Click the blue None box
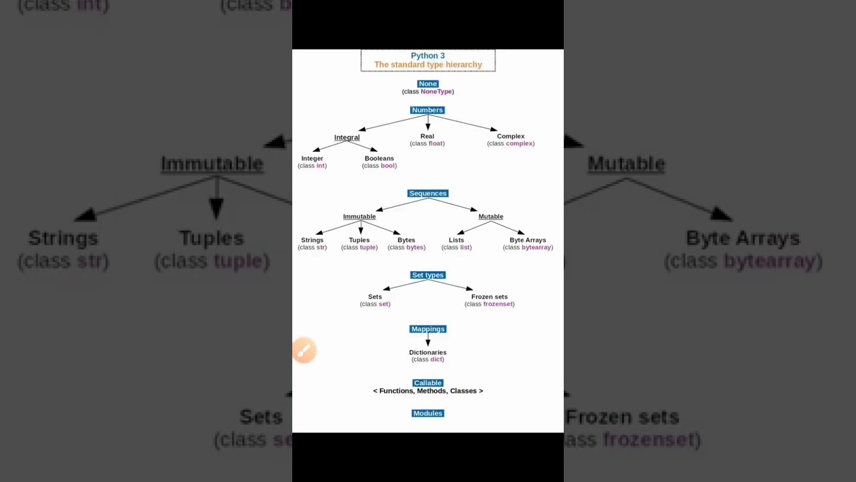(x=427, y=84)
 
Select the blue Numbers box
(x=427, y=110)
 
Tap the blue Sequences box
(x=427, y=193)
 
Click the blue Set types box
(x=427, y=275)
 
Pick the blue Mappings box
(x=427, y=329)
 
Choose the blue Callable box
(x=427, y=383)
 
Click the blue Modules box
(x=427, y=413)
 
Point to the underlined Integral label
(x=346, y=137)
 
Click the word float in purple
(x=435, y=143)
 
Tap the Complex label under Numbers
(x=510, y=136)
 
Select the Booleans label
(x=379, y=158)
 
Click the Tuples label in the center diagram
(x=359, y=240)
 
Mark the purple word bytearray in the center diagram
(x=536, y=247)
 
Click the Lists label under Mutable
(x=456, y=240)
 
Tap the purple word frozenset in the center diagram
(x=498, y=304)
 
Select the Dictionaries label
(x=427, y=352)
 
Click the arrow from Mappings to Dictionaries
(x=428, y=340)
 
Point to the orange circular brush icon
(x=304, y=350)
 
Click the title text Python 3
(x=427, y=56)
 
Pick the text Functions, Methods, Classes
(x=427, y=391)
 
